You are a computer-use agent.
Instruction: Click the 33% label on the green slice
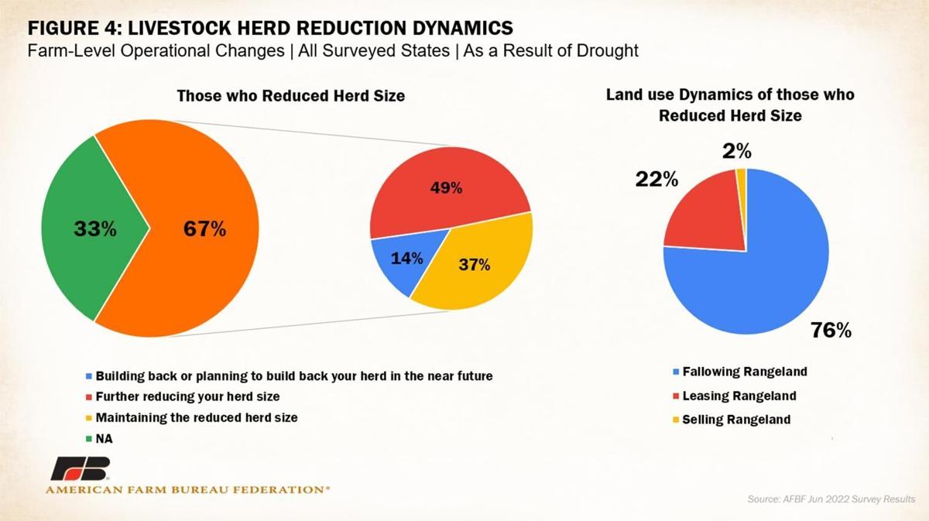[95, 229]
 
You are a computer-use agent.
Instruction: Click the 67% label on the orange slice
[204, 229]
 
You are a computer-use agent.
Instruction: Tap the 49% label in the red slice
[447, 188]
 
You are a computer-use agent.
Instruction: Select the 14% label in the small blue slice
[406, 258]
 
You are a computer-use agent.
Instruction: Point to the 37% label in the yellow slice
[474, 265]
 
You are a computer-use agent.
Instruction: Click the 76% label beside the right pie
[831, 330]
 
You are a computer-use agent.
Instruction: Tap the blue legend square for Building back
[89, 377]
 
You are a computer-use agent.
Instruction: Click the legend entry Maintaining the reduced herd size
[197, 417]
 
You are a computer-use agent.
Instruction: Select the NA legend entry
[102, 437]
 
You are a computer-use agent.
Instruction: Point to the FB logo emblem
[81, 469]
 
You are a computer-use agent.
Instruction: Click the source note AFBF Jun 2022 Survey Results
[831, 499]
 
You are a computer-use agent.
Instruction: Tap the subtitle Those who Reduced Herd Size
[291, 96]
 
